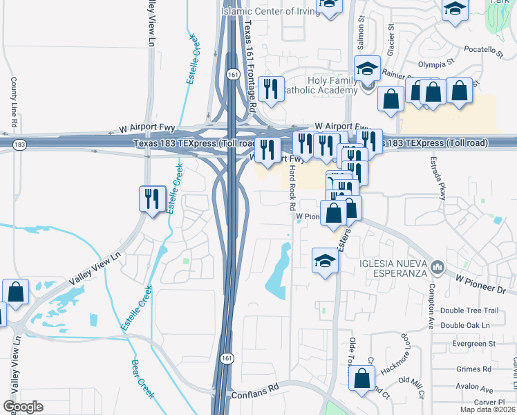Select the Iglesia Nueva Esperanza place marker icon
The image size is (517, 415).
pyautogui.click(x=437, y=266)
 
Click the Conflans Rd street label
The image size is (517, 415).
pyautogui.click(x=254, y=389)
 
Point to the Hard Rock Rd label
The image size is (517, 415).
pyautogui.click(x=292, y=187)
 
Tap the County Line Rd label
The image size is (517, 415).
pyautogui.click(x=13, y=102)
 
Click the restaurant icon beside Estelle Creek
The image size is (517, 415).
pyautogui.click(x=151, y=198)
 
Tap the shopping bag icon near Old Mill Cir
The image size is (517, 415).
pyautogui.click(x=361, y=378)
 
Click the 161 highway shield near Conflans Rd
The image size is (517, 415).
pyautogui.click(x=227, y=358)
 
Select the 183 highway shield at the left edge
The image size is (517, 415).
pyautogui.click(x=19, y=143)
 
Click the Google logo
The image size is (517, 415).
pyautogui.click(x=23, y=407)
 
